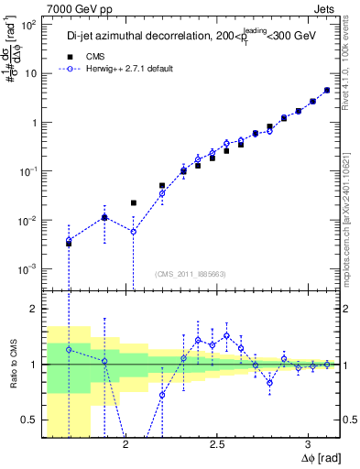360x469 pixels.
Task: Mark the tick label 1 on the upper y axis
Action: coord(36,123)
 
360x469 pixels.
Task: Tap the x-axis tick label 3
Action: coord(309,444)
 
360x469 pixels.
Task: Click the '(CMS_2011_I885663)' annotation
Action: coord(191,274)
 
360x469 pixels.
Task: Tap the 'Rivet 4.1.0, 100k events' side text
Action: coord(352,64)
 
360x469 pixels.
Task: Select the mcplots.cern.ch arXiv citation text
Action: coord(352,202)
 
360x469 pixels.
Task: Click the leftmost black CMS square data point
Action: coord(69,244)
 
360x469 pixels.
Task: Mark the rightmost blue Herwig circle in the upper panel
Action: coord(327,90)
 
